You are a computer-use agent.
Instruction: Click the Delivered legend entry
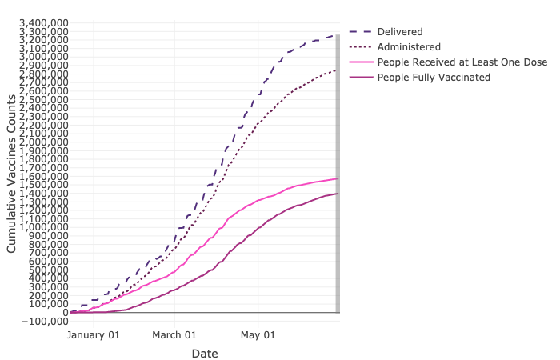[401, 31]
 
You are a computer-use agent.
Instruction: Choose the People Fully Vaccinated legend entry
[434, 77]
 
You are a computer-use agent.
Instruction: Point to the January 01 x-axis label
[93, 335]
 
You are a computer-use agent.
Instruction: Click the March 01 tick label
[174, 335]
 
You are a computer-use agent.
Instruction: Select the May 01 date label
[259, 335]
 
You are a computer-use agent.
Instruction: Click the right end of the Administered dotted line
[337, 70]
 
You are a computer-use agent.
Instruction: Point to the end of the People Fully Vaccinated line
[337, 193]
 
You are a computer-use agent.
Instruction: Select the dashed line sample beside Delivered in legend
[360, 31]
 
